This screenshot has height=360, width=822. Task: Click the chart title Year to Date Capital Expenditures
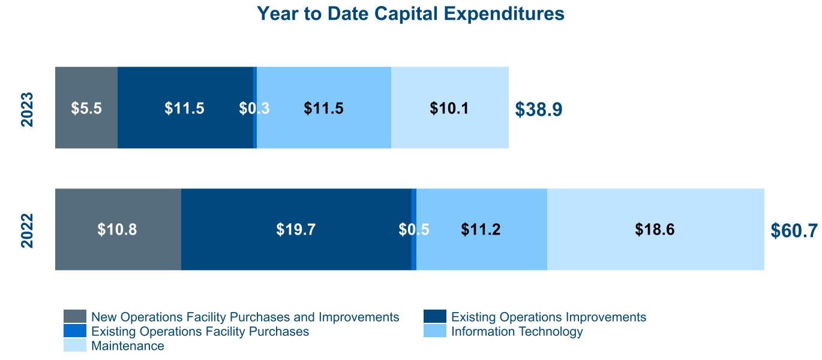pyautogui.click(x=410, y=14)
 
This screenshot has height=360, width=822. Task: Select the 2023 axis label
pyautogui.click(x=27, y=109)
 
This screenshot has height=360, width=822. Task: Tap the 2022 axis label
pyautogui.click(x=27, y=230)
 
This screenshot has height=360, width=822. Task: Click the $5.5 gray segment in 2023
pyautogui.click(x=86, y=107)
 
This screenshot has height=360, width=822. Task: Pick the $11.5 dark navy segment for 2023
pyautogui.click(x=185, y=107)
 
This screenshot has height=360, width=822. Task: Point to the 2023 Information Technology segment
pyautogui.click(x=324, y=107)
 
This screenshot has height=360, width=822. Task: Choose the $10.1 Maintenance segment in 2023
pyautogui.click(x=450, y=107)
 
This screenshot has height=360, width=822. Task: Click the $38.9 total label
pyautogui.click(x=538, y=109)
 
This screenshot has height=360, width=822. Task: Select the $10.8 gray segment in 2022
pyautogui.click(x=118, y=229)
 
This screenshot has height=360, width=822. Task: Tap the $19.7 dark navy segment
pyautogui.click(x=296, y=229)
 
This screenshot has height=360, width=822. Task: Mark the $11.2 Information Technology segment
pyautogui.click(x=482, y=229)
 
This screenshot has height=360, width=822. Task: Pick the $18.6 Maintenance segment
pyautogui.click(x=656, y=229)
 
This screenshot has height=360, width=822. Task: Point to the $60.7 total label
pyautogui.click(x=794, y=230)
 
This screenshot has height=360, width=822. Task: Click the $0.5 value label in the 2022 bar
pyautogui.click(x=414, y=230)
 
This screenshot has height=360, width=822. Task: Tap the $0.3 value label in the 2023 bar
pyautogui.click(x=254, y=109)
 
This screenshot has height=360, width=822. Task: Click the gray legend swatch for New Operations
pyautogui.click(x=75, y=316)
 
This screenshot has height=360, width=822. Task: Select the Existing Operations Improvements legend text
pyautogui.click(x=548, y=317)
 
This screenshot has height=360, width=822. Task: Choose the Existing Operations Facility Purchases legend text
pyautogui.click(x=200, y=332)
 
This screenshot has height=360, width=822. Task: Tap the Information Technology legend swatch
pyautogui.click(x=435, y=331)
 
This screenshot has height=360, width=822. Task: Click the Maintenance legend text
pyautogui.click(x=128, y=346)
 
